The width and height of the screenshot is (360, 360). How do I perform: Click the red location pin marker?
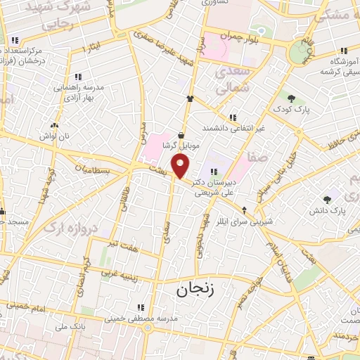click(181, 166)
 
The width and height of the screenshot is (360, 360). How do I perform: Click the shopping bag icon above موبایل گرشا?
click(181, 135)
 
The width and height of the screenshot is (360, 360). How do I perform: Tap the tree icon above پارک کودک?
click(292, 99)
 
